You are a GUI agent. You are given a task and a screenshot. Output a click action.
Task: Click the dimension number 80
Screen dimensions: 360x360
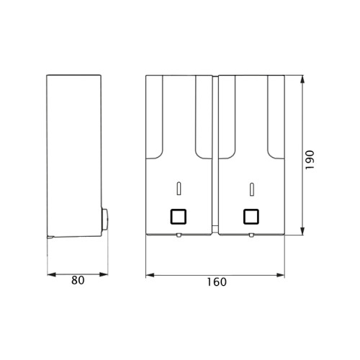point(78,280)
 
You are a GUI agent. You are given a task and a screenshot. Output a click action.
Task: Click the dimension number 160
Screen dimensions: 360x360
point(217,282)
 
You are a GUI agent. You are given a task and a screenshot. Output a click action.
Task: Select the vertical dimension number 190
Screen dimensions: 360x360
point(310,160)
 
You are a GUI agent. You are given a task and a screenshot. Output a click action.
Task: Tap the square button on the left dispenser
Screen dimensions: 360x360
point(179,217)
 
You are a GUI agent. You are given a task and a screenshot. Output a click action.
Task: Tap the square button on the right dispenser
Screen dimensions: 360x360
point(251,217)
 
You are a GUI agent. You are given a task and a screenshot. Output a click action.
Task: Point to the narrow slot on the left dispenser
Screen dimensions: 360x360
point(179,189)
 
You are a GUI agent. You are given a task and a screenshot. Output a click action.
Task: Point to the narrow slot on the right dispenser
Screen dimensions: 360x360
point(251,189)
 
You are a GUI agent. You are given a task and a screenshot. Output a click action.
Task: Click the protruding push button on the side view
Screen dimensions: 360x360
point(104,220)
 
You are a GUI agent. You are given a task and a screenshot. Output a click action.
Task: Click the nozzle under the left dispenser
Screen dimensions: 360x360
point(179,235)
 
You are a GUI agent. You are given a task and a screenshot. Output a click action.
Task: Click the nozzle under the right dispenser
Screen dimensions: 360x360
point(251,235)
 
